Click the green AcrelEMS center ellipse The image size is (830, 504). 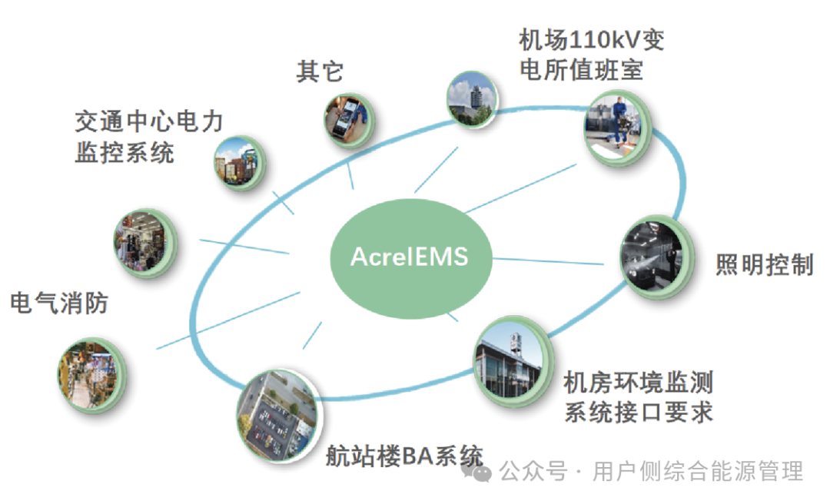click(x=409, y=255)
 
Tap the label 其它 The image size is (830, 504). click(x=320, y=71)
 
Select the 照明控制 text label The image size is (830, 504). click(x=764, y=264)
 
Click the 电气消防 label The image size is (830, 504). click(x=59, y=303)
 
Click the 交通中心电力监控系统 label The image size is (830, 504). click(x=148, y=136)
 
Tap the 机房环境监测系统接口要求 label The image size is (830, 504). click(x=638, y=396)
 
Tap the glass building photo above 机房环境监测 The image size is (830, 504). click(x=513, y=360)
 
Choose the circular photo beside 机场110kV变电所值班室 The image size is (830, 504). click(x=617, y=125)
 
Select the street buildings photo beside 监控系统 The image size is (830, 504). click(x=239, y=161)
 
